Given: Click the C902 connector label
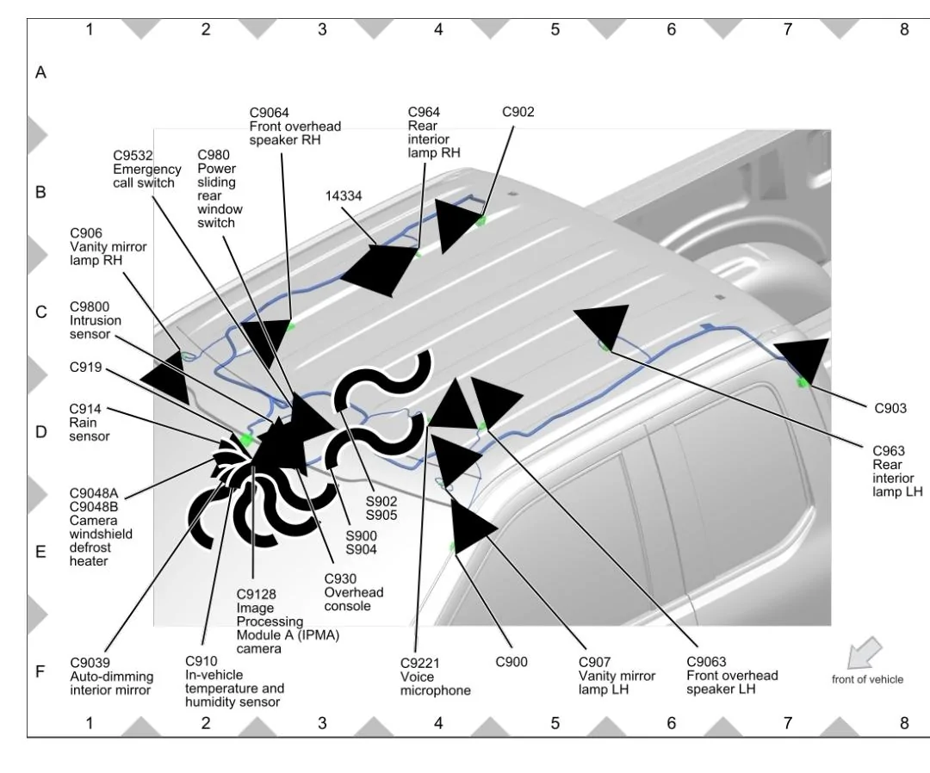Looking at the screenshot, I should pos(518,112).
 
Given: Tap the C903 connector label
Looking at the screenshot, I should pos(890,409).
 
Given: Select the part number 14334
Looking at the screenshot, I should pos(344,195).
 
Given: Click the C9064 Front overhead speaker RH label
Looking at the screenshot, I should pos(294,126).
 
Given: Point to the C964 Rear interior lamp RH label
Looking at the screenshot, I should pos(433,133).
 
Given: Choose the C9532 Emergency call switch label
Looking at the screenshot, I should pos(144,170).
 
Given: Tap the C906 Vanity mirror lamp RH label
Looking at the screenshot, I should pos(108,246).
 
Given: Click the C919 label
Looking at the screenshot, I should pos(85,368).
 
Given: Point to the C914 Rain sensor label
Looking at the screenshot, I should pos(90,423).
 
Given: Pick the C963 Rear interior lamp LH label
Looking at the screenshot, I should pos(896,471).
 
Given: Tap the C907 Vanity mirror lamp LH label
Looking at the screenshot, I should pos(616,676).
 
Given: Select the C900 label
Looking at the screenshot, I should pos(512,662).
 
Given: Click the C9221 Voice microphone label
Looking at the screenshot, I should pos(435,676).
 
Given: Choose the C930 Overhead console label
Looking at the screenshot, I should pos(353,592).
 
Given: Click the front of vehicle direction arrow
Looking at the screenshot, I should pos(866,652).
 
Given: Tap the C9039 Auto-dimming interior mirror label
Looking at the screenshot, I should pos(110,676).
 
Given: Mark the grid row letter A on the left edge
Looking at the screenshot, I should pos(40,73).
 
